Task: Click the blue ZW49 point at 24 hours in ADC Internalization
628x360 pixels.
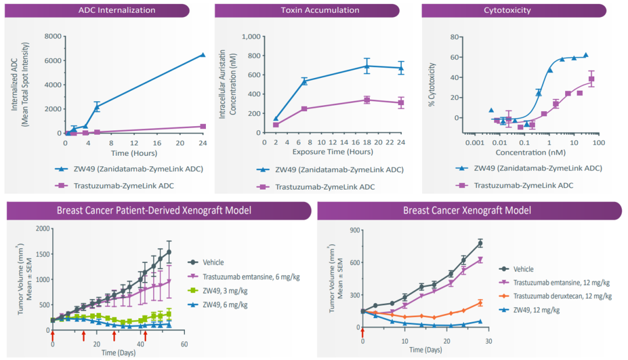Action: [202, 55]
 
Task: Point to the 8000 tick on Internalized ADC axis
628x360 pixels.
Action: [53, 36]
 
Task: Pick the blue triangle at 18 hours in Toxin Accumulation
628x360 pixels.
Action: [366, 66]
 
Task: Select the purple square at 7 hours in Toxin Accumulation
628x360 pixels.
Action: [304, 109]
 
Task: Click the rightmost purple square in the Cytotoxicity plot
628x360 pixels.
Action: [591, 79]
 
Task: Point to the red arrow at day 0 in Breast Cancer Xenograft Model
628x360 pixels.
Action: [363, 332]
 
